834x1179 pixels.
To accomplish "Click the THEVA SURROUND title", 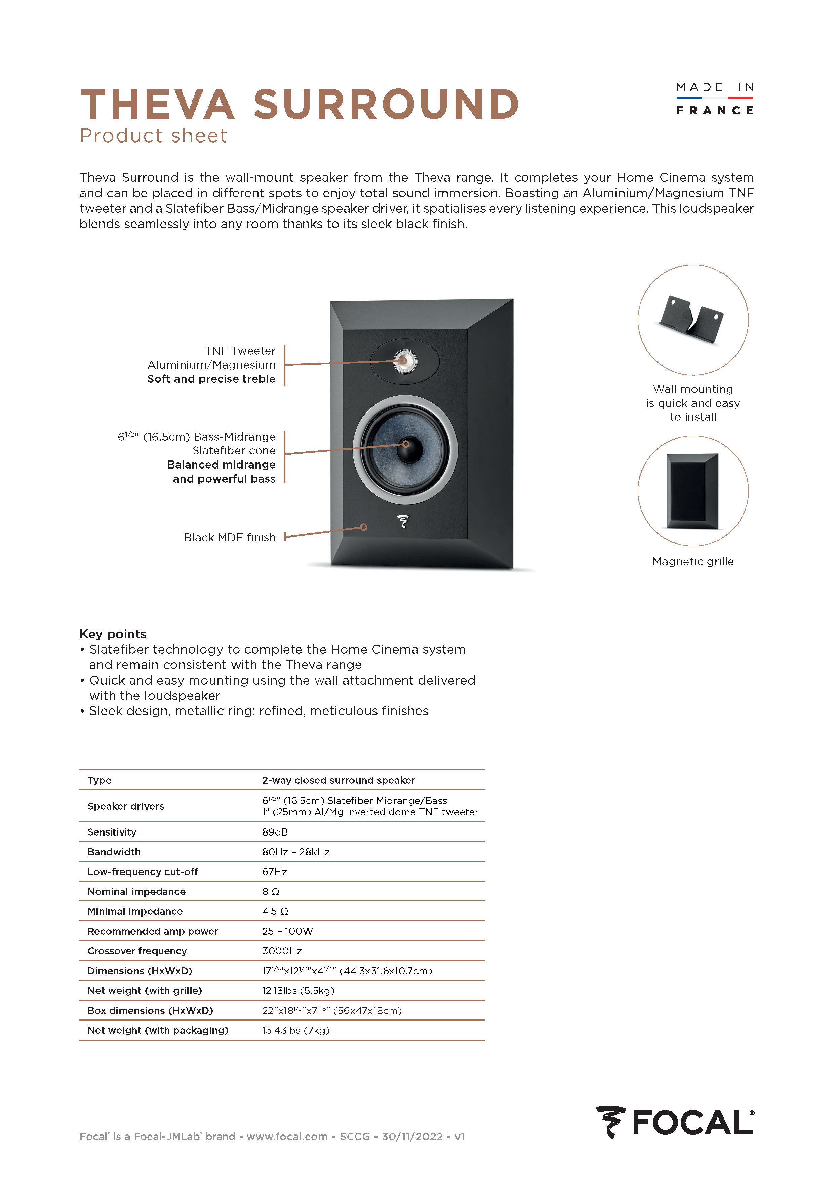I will [x=300, y=104].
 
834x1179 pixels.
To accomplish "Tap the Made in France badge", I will [x=714, y=98].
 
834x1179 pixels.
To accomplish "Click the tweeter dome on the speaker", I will [x=404, y=361].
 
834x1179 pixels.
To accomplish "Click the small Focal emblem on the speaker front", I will [x=403, y=522].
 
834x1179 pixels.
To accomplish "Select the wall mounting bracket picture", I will [x=692, y=319].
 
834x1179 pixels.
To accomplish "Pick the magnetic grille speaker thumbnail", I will [x=692, y=491].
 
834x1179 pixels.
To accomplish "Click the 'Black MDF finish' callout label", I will [x=230, y=538].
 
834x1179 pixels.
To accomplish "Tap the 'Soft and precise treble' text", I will [x=211, y=379].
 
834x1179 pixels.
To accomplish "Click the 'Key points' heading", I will [x=113, y=634].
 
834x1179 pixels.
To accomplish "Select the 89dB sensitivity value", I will [x=275, y=832].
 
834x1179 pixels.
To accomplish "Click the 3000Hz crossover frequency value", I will [x=282, y=951].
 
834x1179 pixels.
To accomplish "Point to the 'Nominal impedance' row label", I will [x=136, y=891].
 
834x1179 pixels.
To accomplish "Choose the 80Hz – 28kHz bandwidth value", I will [x=296, y=852].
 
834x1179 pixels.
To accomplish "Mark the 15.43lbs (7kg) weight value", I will [x=295, y=1030].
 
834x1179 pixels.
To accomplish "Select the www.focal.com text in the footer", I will [x=287, y=1136].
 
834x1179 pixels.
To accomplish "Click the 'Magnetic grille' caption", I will [x=692, y=561].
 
